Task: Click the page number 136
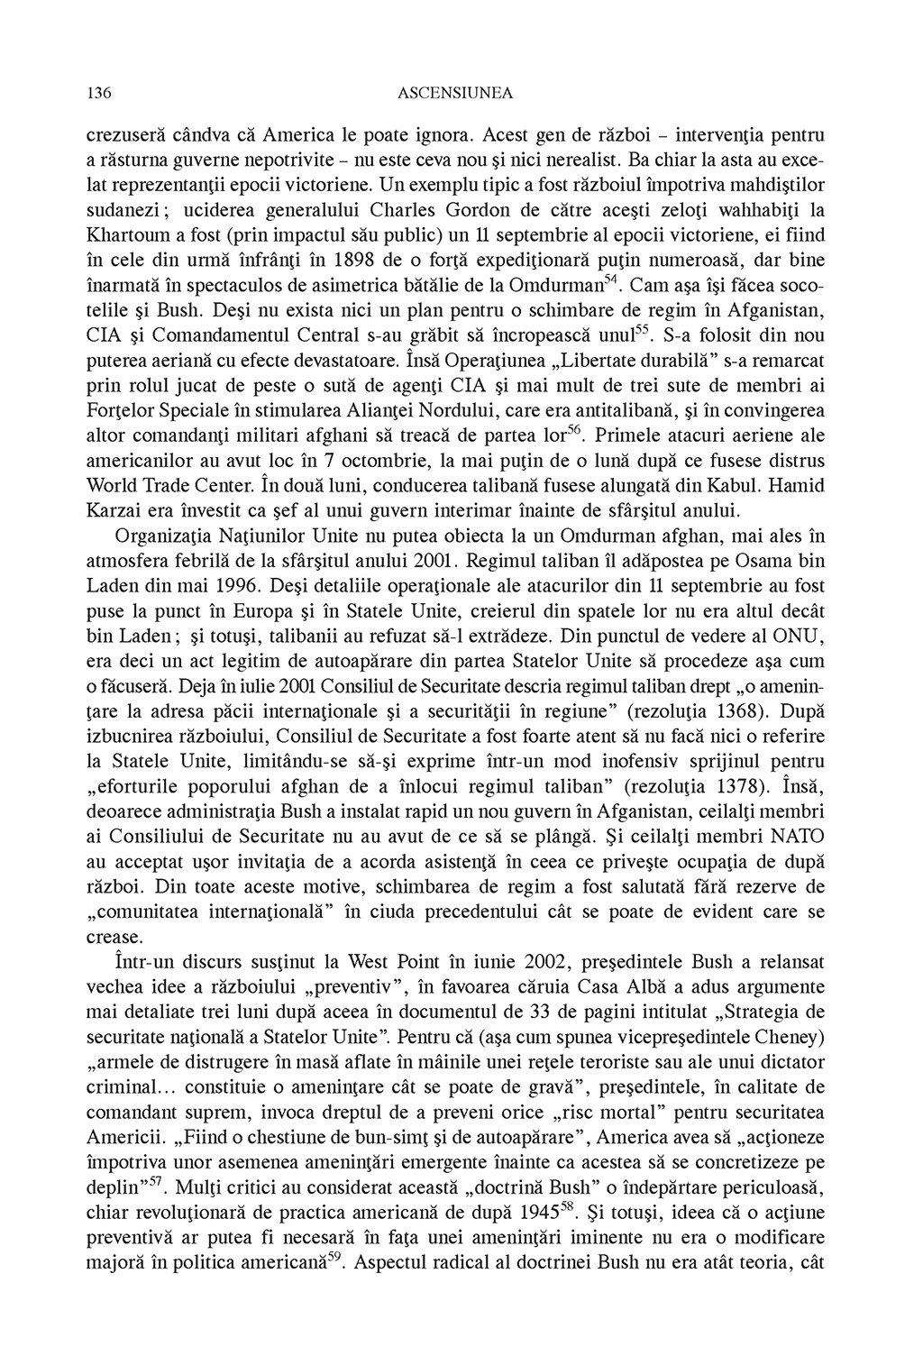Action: tap(98, 93)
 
